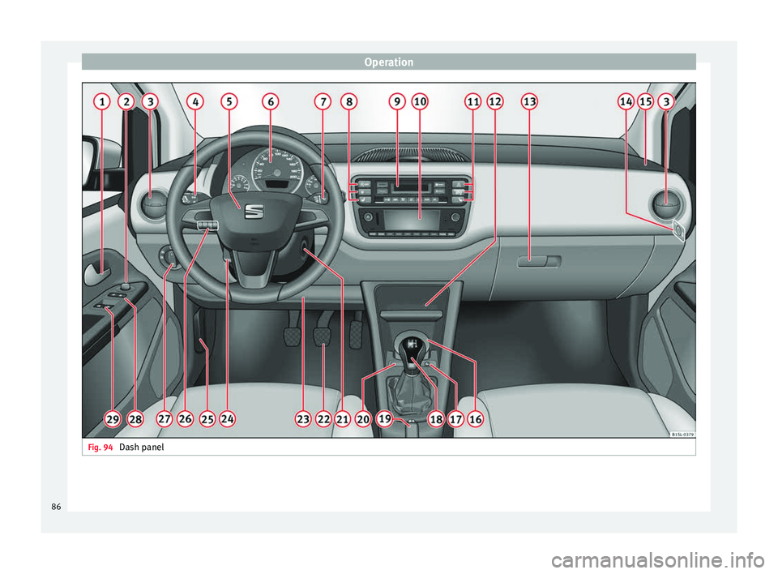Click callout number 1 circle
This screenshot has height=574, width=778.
(101, 101)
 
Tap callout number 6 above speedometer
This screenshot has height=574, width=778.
(270, 101)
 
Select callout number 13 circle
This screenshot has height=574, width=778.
(529, 101)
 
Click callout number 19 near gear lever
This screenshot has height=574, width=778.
(385, 418)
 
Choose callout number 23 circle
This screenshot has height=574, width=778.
(303, 418)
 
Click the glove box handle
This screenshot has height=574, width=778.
(538, 261)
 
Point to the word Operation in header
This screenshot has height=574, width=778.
(388, 62)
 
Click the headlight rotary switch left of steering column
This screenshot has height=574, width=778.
(169, 258)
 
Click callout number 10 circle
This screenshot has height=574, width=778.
(420, 101)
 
